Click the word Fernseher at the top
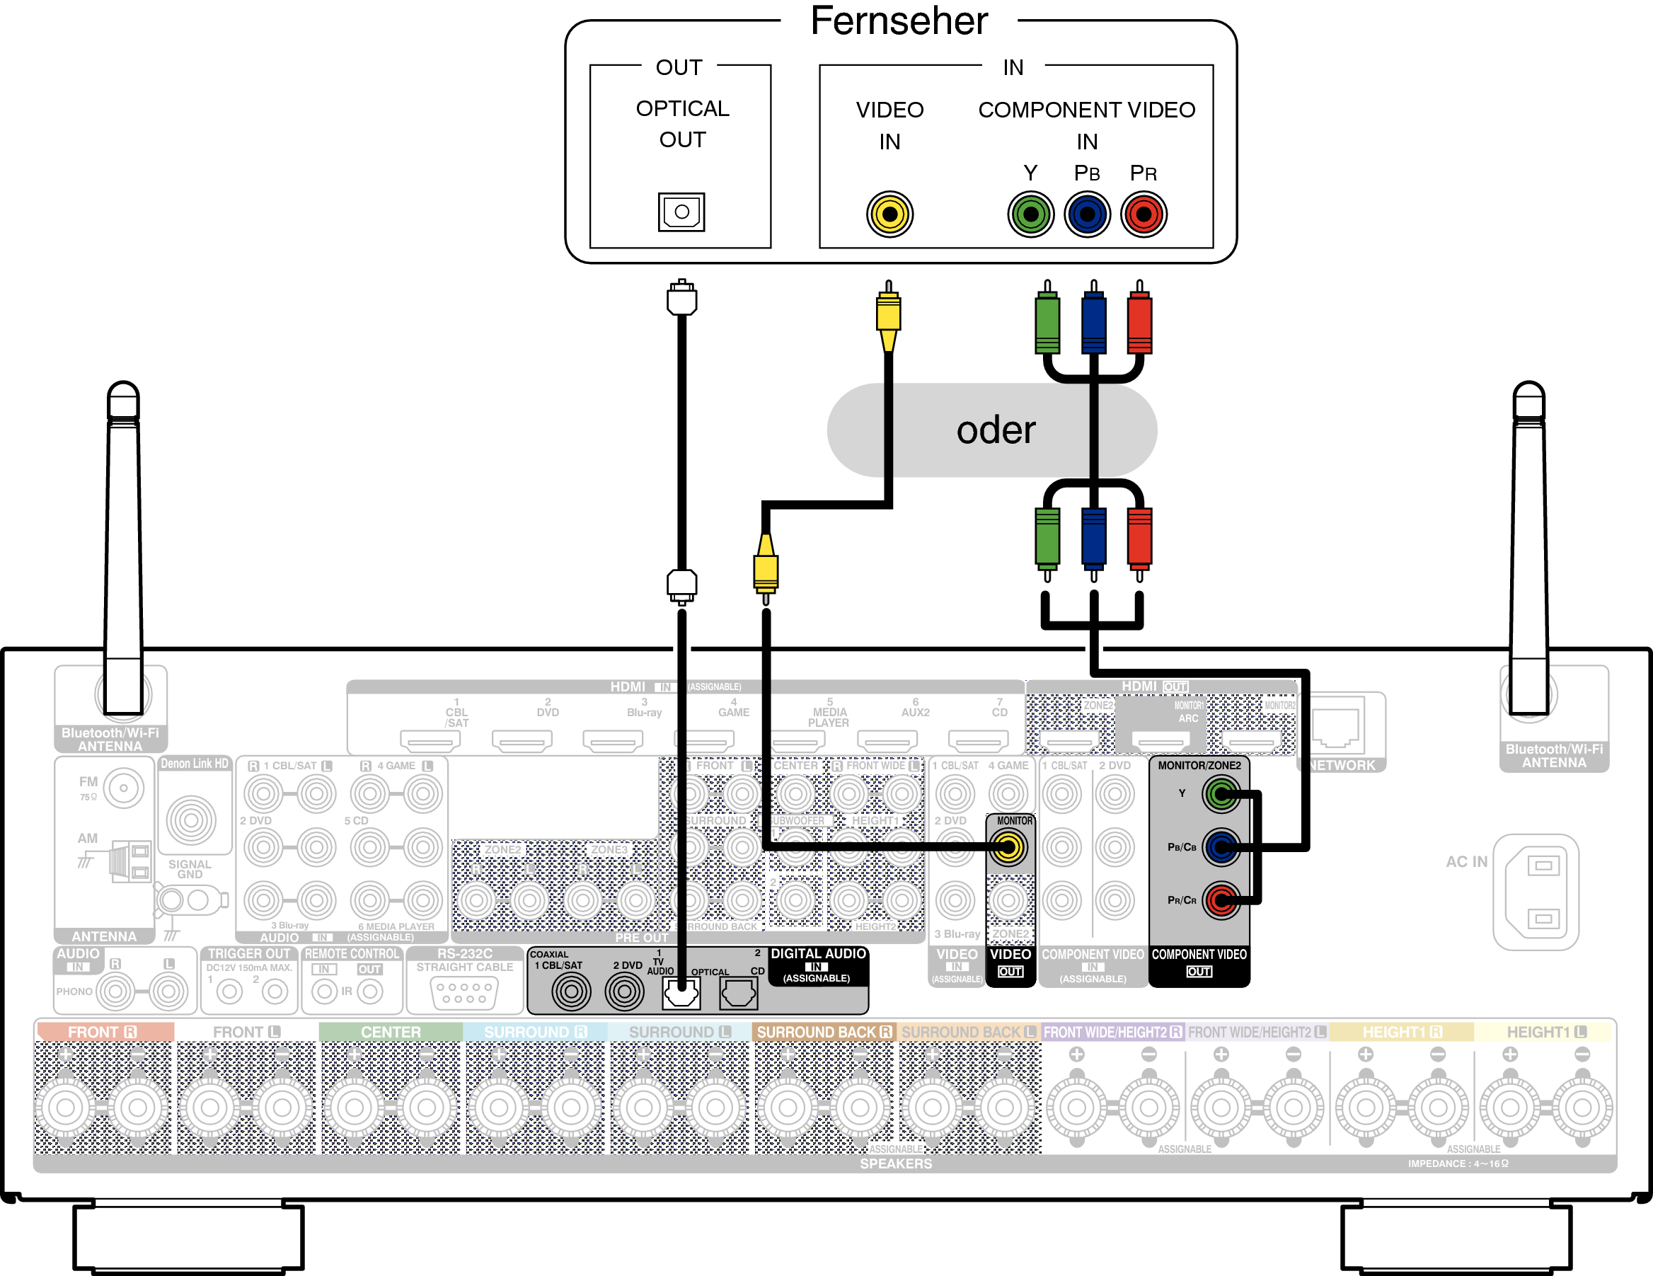(899, 21)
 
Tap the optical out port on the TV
(681, 212)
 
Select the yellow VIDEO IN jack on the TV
(889, 214)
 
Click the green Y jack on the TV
(1030, 214)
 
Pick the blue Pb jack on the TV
(1087, 214)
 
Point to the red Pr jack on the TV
(1143, 214)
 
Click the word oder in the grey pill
(996, 430)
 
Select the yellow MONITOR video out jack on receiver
(1008, 847)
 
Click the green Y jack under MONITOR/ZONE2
(1220, 794)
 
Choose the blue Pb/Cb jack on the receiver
(1220, 847)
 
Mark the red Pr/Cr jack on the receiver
(1220, 900)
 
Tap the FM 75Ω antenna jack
(123, 788)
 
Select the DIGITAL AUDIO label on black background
(817, 953)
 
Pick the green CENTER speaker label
(391, 1033)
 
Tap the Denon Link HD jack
(192, 820)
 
